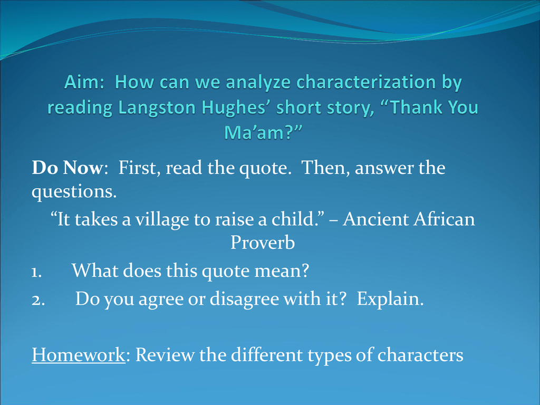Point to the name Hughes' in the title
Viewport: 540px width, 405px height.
pos(236,108)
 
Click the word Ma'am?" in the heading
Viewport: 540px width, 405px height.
pos(263,132)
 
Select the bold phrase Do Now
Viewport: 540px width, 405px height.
pos(67,168)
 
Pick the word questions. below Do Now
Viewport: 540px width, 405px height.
pos(74,192)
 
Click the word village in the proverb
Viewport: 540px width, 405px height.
pos(162,220)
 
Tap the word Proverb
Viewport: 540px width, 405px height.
pos(263,243)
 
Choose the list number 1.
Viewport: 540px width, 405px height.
pos(36,273)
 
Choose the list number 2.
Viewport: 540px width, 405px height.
pos(38,301)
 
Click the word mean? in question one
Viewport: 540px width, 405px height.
pos(282,271)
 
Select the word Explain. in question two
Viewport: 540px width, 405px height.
pos(390,299)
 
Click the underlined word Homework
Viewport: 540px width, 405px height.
pos(79,355)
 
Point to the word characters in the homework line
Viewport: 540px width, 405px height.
pos(420,355)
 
